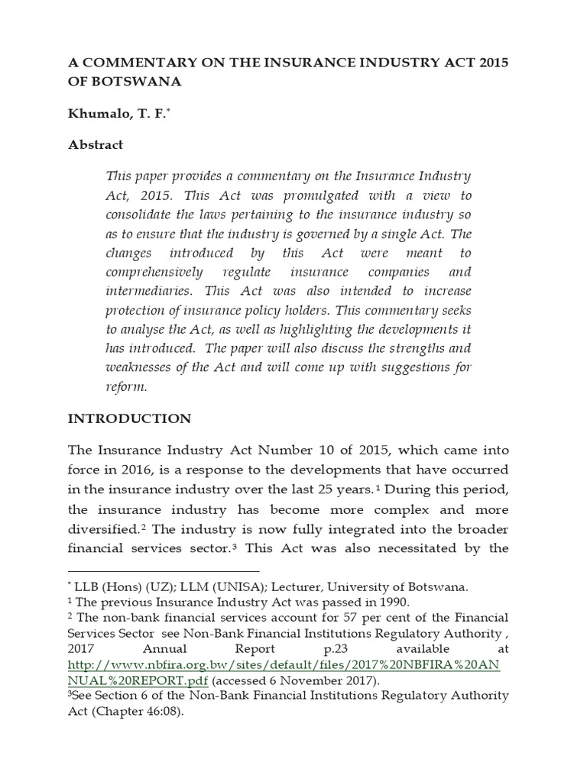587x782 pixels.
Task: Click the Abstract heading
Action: pos(96,144)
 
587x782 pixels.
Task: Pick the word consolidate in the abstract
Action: pos(141,215)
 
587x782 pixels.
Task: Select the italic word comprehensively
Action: pos(154,272)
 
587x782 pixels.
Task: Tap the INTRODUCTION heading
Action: pos(129,418)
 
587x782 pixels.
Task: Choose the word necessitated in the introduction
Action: pos(414,548)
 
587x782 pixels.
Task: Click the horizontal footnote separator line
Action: pos(164,570)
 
